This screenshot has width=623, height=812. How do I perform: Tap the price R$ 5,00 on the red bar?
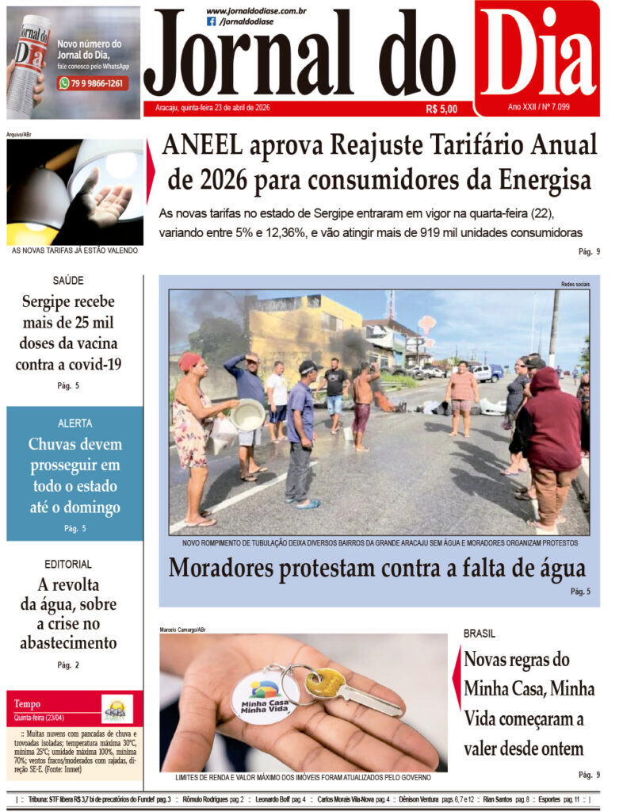[441, 108]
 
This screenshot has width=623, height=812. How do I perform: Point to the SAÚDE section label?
[67, 280]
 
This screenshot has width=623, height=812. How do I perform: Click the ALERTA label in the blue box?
[75, 423]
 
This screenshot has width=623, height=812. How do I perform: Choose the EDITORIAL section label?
[67, 564]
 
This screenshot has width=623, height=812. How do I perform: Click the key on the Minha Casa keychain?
[350, 689]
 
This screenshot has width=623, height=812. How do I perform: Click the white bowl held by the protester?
[247, 414]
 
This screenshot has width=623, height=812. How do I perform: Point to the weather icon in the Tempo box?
[117, 708]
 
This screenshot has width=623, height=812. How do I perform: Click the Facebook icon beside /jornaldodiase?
[211, 21]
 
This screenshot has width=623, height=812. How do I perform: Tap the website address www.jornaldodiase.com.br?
[255, 10]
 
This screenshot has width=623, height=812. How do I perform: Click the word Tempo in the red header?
[27, 703]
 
